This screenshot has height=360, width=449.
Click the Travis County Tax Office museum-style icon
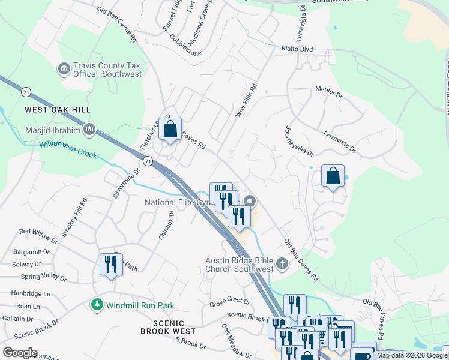point(64,69)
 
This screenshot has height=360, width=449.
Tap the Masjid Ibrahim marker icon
point(89,129)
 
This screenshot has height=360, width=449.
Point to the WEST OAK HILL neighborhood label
point(58,110)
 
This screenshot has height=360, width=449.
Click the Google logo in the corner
point(20,353)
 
